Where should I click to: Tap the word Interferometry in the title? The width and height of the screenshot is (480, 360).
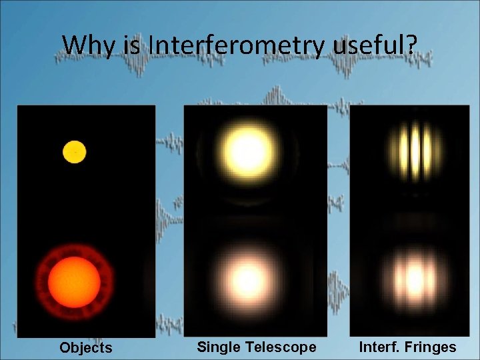(237, 45)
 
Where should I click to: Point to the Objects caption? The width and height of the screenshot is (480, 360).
(85, 347)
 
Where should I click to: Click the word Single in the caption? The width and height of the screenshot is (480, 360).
(218, 347)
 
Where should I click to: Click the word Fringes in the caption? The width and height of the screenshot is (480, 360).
(431, 347)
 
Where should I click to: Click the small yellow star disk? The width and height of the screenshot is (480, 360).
(74, 151)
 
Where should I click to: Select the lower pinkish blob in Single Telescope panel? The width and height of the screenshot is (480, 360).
(249, 275)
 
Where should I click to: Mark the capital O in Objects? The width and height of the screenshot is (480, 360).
(65, 347)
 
